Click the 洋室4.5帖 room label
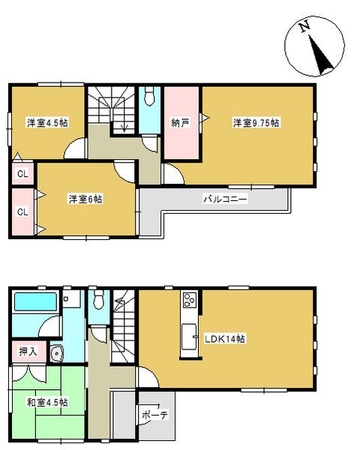pos(46,123)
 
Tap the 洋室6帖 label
pos(85,199)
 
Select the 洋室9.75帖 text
pos(255,123)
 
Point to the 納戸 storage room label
pos(180,123)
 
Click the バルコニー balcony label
pos(225,200)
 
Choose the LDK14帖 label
pos(225,339)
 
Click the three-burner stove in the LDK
pos(187,302)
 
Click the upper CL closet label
pos(22,174)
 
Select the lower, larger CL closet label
pos(22,211)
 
